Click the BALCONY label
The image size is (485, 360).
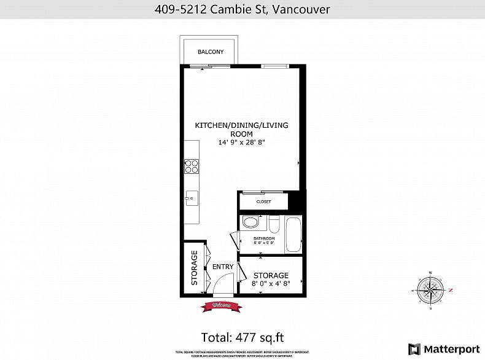pos(210,52)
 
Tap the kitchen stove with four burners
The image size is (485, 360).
pos(192,166)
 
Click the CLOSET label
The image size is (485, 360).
pos(263,202)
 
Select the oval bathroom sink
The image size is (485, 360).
pos(250,222)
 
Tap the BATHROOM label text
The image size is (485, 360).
pos(264,238)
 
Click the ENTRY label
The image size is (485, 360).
pos(223,267)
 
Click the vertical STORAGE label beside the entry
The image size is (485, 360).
pos(195,268)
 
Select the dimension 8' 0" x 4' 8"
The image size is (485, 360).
pos(271,284)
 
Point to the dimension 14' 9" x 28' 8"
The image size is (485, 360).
pos(241,143)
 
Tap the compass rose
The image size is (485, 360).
pos(432,290)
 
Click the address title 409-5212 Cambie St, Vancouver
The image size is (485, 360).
pos(242,9)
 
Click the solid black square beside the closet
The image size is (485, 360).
pos(297,200)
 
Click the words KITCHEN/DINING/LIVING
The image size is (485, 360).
pos(241,125)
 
